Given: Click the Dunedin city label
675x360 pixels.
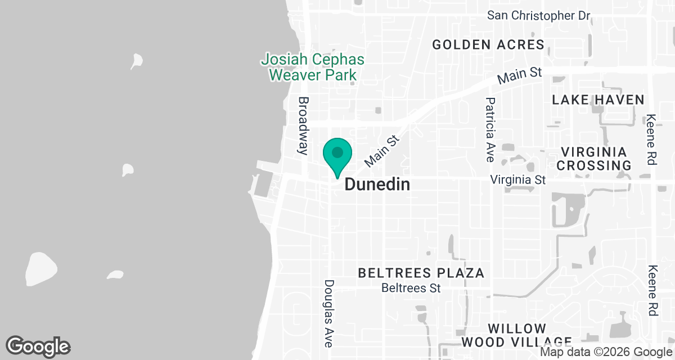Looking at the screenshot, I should coord(376,184).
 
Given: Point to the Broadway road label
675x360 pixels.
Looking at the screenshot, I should coord(304,125).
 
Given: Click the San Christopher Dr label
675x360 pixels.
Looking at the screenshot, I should coord(538,15).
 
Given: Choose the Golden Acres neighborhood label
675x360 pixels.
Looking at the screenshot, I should coord(488,44).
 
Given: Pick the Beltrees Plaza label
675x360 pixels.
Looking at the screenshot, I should coord(421,273).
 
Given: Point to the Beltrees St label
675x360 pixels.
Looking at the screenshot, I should coord(410,288).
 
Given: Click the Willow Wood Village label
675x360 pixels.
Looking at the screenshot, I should coord(516,335).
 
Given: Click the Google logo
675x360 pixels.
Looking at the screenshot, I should coord(38,347).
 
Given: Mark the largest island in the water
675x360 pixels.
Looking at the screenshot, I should coord(41,268).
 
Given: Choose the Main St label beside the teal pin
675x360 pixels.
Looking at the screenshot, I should coord(382,151).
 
